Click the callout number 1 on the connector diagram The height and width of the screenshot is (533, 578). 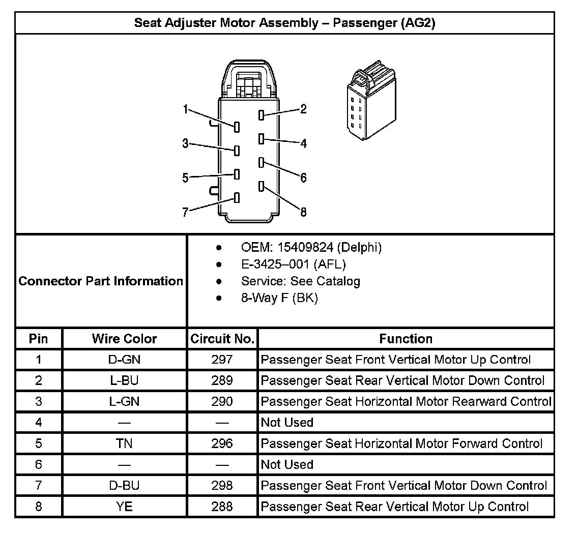[186, 109]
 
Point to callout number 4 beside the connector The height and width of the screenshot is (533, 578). [304, 144]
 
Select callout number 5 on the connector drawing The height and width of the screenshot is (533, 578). [186, 177]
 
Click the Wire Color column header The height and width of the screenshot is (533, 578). [125, 339]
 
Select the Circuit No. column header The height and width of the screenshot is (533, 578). [222, 339]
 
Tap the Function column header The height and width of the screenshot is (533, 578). [406, 339]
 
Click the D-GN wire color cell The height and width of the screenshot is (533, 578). [125, 360]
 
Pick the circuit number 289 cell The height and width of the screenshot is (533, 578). [222, 380]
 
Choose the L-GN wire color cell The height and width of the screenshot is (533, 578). [125, 401]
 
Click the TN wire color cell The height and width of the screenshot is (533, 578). [125, 443]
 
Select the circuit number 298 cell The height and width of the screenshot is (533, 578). [222, 485]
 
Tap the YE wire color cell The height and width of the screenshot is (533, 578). [125, 507]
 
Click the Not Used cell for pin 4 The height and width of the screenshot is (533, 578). [287, 423]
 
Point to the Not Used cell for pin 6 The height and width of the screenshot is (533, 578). [287, 464]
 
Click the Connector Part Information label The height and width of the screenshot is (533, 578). [101, 281]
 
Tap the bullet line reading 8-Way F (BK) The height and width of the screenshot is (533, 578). [279, 298]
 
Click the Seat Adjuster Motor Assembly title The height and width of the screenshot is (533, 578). [284, 23]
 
